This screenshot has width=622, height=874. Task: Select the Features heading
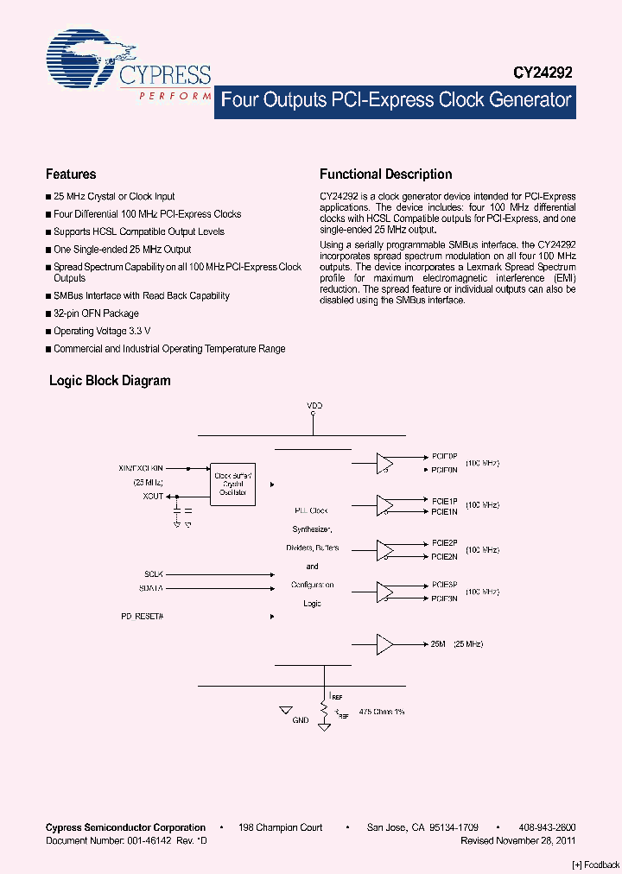[71, 174]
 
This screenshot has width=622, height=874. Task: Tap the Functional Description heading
[385, 174]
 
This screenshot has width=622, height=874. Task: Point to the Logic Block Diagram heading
[110, 380]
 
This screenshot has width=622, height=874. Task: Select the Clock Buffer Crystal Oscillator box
[232, 484]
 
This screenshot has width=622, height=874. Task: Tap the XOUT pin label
[153, 496]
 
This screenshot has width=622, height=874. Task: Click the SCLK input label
[153, 573]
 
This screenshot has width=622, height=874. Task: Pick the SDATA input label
[151, 588]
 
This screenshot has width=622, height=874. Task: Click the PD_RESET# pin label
[142, 617]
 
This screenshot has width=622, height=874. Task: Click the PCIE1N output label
[444, 512]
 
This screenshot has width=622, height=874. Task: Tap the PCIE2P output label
[444, 542]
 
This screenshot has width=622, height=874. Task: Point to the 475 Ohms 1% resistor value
[381, 711]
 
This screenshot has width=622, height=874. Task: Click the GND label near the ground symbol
[301, 719]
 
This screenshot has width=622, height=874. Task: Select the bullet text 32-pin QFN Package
[96, 313]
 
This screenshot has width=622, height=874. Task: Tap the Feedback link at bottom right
[596, 864]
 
